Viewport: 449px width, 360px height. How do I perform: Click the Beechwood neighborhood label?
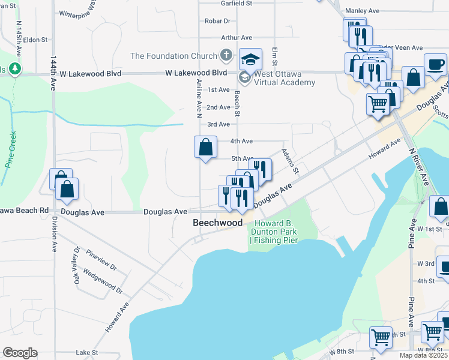(x=217, y=223)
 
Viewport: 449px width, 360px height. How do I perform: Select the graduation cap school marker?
(x=251, y=59)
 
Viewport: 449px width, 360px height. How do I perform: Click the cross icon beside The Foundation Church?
(x=226, y=56)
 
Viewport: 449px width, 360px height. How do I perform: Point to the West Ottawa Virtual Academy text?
(x=285, y=78)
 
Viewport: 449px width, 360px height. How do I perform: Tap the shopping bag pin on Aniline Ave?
(x=205, y=147)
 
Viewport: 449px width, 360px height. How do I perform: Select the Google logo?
(x=20, y=353)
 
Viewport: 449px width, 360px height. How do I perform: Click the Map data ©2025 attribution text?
(x=423, y=355)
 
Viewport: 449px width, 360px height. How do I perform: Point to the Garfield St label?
(x=236, y=3)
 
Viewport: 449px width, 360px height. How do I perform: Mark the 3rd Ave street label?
(x=218, y=124)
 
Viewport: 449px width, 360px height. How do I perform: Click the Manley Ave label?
(x=363, y=11)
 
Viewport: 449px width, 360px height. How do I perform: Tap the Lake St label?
(x=86, y=353)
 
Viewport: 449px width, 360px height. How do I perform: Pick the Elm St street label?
(x=275, y=57)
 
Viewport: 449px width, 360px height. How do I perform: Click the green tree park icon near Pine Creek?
(x=14, y=70)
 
